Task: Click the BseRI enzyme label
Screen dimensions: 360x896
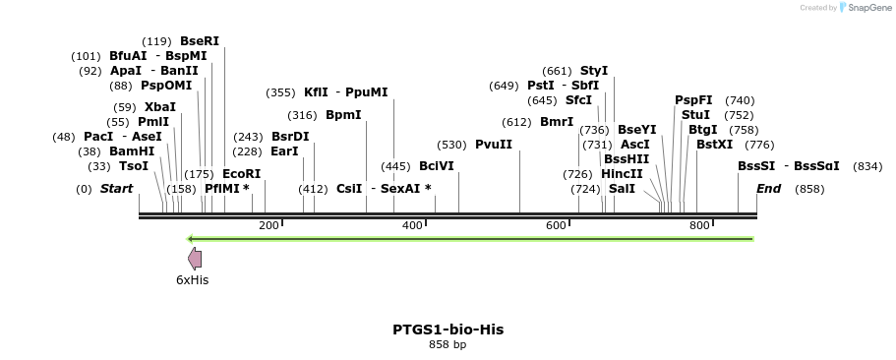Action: [200, 41]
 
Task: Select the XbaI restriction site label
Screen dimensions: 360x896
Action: [160, 106]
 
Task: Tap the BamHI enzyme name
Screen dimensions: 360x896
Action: [132, 151]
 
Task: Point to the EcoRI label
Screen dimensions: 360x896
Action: [240, 174]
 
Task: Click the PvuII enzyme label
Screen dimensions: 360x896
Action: [494, 145]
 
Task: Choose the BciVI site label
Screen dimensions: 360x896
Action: [437, 166]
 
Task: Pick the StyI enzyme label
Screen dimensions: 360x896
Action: [594, 71]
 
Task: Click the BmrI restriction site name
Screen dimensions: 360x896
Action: [557, 122]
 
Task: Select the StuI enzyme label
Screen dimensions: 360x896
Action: [695, 115]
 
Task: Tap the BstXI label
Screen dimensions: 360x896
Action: [714, 145]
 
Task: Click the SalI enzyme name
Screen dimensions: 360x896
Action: [622, 188]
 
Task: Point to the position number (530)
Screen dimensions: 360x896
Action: [452, 145]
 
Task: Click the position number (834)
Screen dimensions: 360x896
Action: [867, 166]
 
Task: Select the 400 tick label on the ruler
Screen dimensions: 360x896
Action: [412, 226]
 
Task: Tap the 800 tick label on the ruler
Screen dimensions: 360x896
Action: [699, 226]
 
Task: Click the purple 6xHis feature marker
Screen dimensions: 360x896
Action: [195, 258]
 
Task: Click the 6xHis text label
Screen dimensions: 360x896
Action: [193, 280]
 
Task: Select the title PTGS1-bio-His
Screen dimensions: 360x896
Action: [448, 330]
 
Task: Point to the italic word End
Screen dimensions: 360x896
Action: [768, 188]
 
